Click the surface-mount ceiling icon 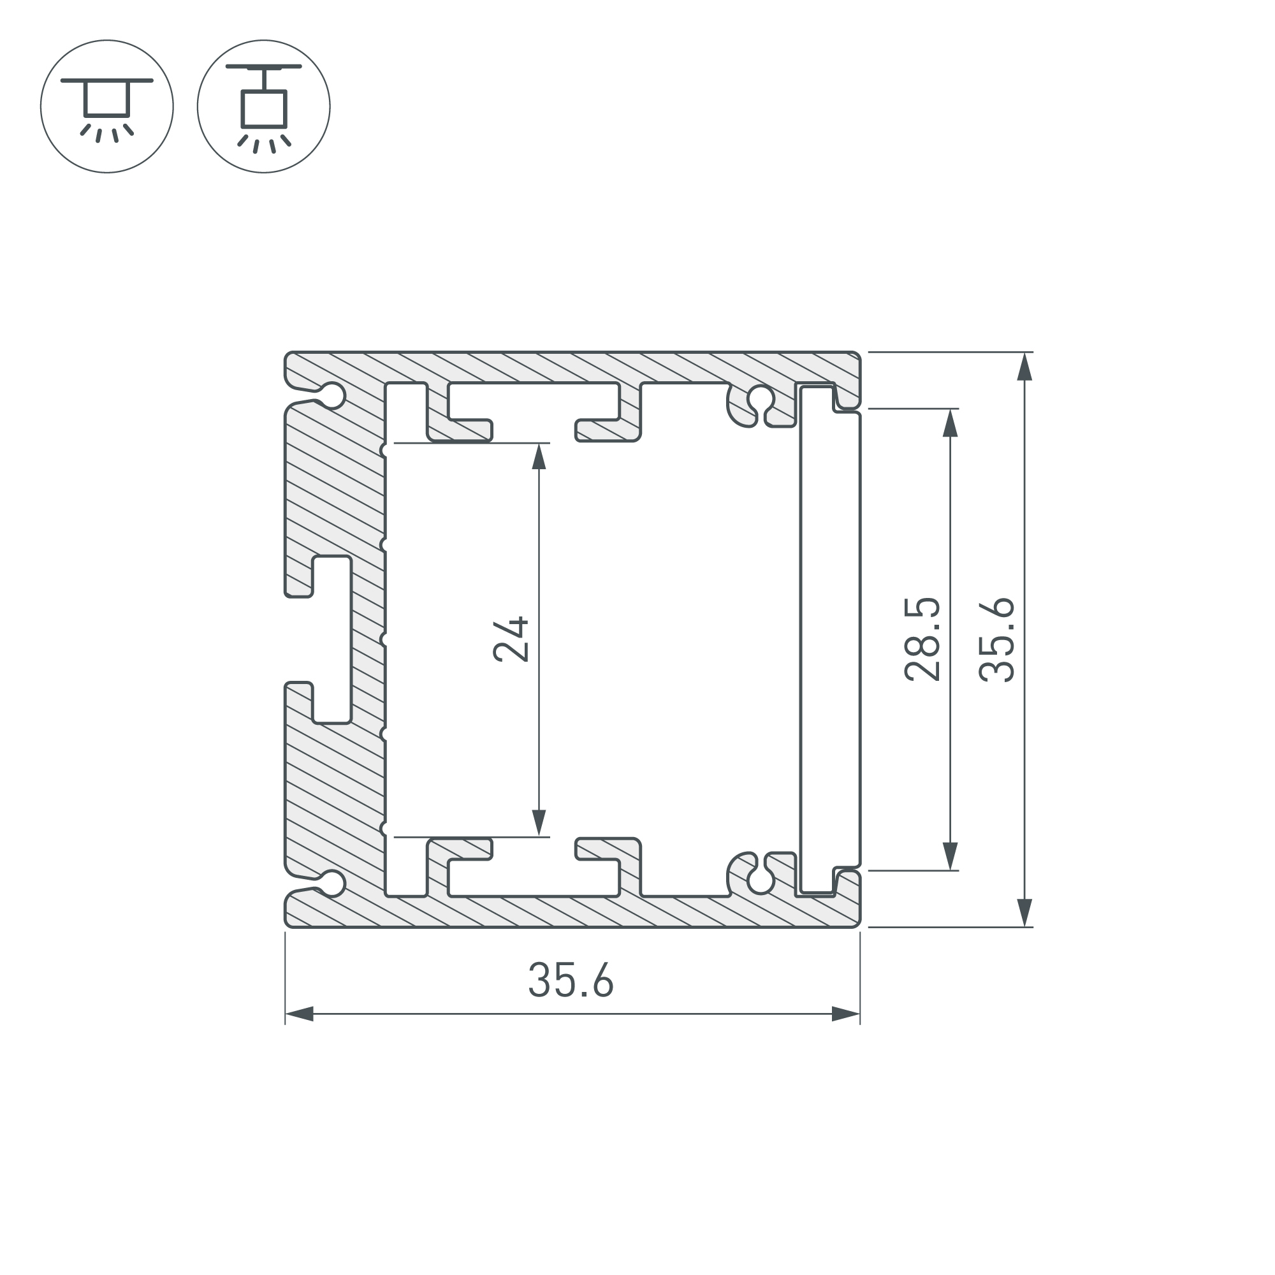click(107, 106)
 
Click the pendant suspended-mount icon click(263, 106)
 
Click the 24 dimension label click(511, 639)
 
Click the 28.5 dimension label click(922, 639)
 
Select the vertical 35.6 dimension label click(996, 639)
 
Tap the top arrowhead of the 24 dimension click(539, 456)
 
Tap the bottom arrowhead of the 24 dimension click(539, 822)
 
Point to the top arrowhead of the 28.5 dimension click(950, 423)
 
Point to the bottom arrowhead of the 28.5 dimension click(950, 856)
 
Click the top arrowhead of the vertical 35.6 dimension click(1024, 367)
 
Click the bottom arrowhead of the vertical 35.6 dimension click(1024, 913)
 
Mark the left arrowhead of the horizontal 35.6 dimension click(300, 1014)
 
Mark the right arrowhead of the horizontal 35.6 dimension click(845, 1014)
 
